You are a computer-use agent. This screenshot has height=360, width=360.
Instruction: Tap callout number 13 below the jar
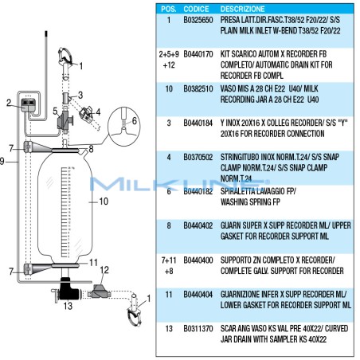(68, 306)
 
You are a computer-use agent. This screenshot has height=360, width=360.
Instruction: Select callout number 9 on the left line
(3, 161)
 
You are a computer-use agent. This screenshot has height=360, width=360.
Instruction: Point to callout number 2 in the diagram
(8, 103)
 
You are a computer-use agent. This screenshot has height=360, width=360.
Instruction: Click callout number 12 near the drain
(104, 271)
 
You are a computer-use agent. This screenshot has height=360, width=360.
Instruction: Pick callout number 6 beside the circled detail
(135, 119)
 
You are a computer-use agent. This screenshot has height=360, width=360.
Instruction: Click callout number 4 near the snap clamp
(98, 112)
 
